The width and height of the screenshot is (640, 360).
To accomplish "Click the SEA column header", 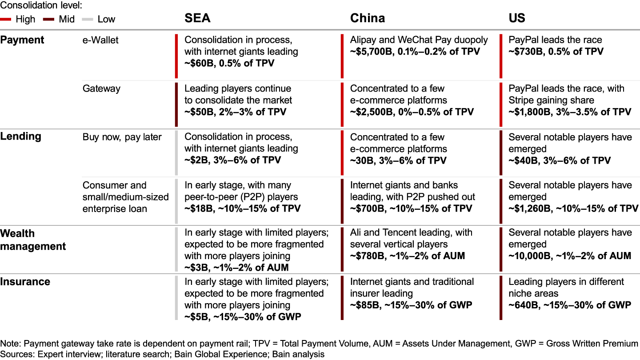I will [x=197, y=18].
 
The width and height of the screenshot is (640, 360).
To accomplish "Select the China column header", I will [x=368, y=18].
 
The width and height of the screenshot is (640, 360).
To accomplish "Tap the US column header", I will [x=517, y=18].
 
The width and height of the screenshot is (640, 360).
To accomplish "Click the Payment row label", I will [x=22, y=40].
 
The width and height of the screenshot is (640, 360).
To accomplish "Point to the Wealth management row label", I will [x=33, y=240].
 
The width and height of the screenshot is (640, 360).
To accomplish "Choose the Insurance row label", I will [x=25, y=282].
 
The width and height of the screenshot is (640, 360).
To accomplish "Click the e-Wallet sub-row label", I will [x=100, y=40].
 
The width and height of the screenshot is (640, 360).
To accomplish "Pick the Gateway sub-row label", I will [x=101, y=88].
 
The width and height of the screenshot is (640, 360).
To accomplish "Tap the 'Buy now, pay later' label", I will [x=122, y=137].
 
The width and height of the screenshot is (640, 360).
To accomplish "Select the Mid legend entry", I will [x=67, y=20].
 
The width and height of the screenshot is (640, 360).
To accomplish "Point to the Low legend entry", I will [x=106, y=20].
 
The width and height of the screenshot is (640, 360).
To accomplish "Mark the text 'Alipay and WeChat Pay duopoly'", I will [x=419, y=40].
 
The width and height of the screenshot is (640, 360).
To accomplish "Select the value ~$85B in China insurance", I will [x=366, y=305].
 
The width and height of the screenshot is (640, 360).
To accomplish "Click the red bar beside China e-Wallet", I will [x=342, y=56].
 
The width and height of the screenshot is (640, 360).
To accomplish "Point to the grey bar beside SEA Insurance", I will [x=176, y=298].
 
